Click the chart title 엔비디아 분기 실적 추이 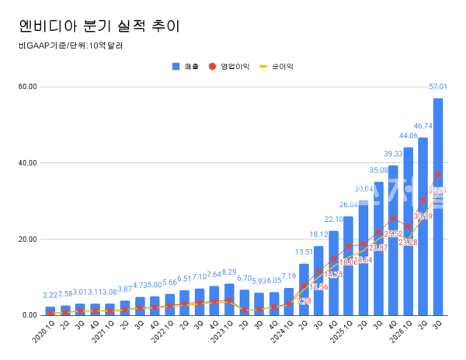pyautogui.click(x=99, y=26)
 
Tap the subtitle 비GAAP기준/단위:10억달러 pyautogui.click(x=71, y=46)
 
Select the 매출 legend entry pyautogui.click(x=185, y=67)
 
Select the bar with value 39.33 pyautogui.click(x=393, y=241)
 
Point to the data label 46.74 pyautogui.click(x=423, y=125)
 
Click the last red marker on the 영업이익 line pyautogui.click(x=438, y=175)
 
